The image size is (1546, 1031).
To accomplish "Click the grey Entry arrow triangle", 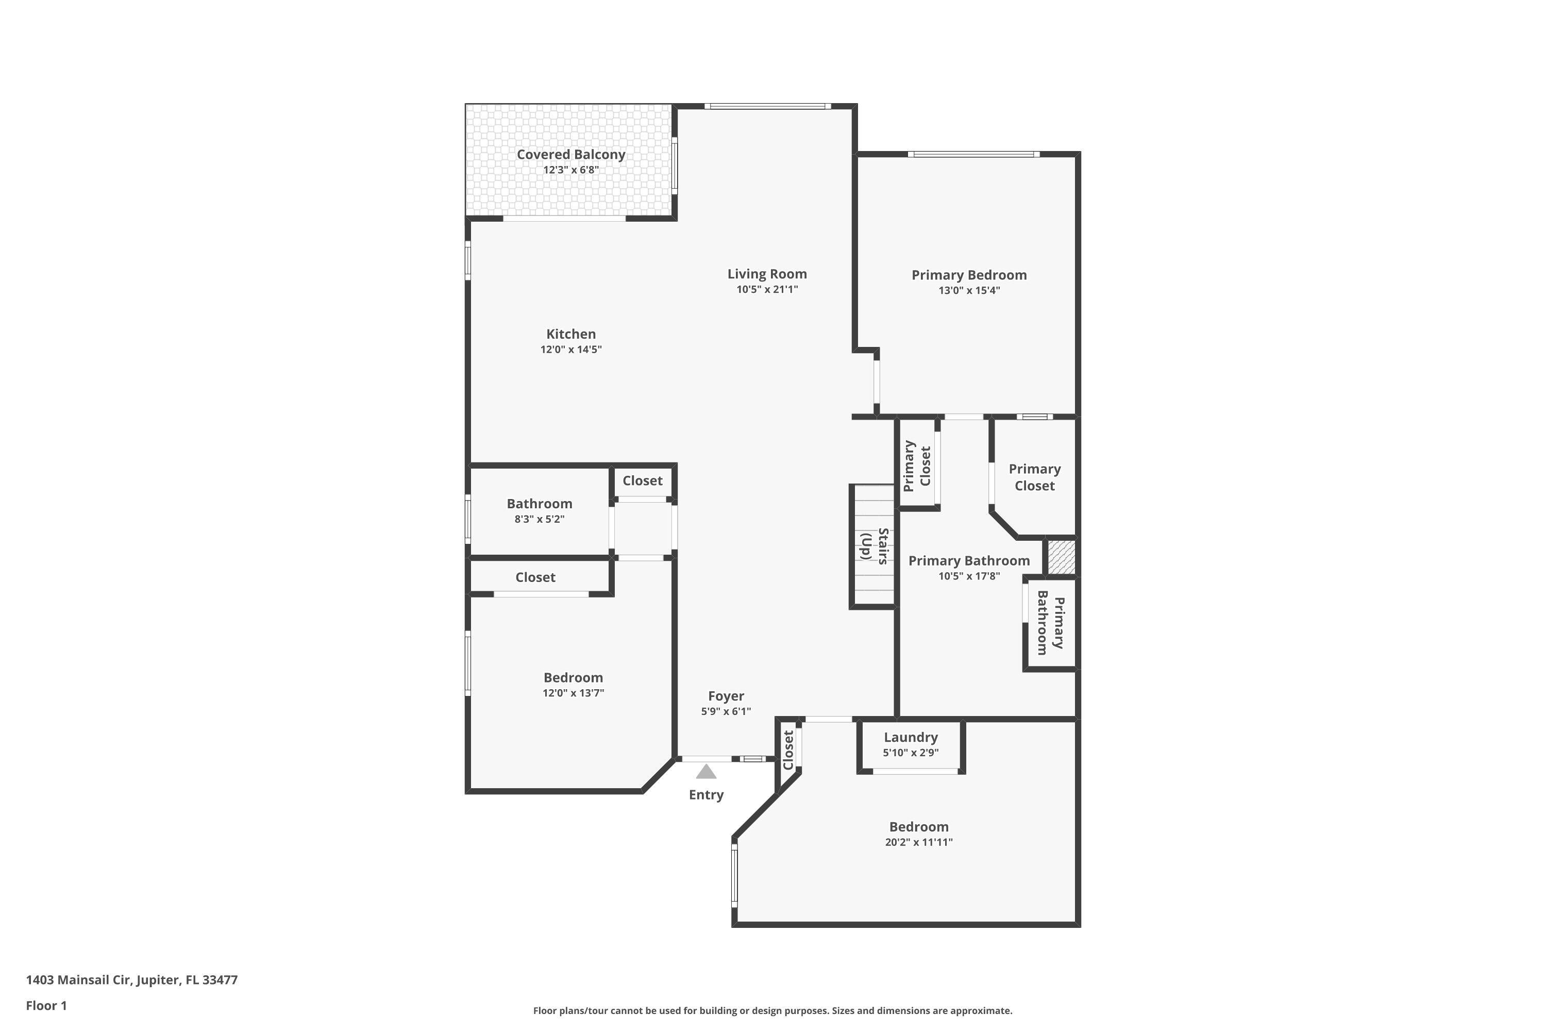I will click(706, 772).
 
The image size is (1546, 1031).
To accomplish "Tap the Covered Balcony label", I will click(570, 155).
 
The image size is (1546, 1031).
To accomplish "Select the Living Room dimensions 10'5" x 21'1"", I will click(767, 289).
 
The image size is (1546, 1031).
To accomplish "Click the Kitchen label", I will click(570, 334).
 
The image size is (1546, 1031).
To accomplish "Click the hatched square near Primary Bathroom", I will click(1060, 556).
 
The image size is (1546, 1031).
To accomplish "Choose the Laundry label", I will click(911, 737).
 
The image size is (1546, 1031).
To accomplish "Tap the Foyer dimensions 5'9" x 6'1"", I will click(726, 711).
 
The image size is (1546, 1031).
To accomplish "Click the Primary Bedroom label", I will click(968, 275).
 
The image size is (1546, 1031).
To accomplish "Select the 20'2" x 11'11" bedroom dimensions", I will click(918, 842).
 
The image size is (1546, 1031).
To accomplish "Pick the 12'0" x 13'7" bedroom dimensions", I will click(573, 693).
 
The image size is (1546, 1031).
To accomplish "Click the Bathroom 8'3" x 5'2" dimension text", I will click(539, 520).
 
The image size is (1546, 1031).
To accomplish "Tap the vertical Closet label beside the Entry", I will click(788, 750).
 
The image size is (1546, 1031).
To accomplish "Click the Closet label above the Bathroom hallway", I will click(642, 480).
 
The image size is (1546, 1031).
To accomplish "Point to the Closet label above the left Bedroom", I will click(535, 577).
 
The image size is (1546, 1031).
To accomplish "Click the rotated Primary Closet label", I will click(917, 466).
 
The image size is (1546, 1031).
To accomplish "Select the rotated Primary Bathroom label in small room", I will click(1050, 623).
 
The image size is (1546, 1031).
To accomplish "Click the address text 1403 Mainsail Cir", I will click(131, 980).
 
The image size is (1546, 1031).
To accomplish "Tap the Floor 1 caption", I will click(46, 1005).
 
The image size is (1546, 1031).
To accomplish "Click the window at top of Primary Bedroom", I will click(973, 155).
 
